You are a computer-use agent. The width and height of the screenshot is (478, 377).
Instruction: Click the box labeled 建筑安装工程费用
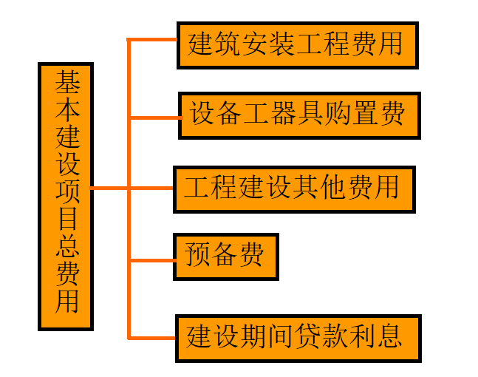[x=297, y=45]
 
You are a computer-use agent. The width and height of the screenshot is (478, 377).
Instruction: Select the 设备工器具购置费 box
[x=299, y=115]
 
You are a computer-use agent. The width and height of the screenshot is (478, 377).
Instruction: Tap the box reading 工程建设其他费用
[x=293, y=188]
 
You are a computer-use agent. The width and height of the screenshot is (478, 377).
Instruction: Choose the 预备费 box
[x=226, y=257]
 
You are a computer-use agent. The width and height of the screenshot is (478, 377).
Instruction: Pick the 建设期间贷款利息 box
[x=298, y=338]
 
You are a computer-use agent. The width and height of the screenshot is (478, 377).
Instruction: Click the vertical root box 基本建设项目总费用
[x=66, y=196]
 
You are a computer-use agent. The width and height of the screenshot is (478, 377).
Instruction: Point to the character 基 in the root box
[x=66, y=83]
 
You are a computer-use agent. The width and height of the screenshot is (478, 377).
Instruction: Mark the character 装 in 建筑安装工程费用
[x=282, y=44]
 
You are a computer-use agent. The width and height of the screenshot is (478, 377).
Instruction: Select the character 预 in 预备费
[x=198, y=257]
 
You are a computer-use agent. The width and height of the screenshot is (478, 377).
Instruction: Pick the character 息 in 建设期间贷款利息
[x=389, y=338]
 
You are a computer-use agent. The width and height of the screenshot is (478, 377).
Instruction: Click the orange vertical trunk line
[x=129, y=222]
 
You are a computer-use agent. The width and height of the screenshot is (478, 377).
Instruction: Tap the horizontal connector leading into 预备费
[x=152, y=259]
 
